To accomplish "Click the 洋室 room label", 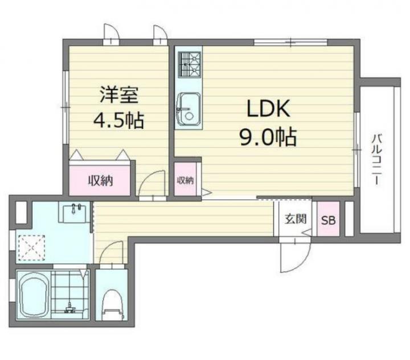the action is [119, 95].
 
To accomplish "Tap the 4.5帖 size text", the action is [118, 120].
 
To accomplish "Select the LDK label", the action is [269, 108].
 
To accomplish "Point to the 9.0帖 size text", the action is [268, 137].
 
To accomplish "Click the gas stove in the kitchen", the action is [189, 64].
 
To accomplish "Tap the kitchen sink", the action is [188, 110].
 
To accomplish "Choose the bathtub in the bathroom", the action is [34, 294].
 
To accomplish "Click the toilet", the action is [112, 304].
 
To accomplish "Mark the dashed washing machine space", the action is [32, 247].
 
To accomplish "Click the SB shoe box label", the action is [328, 220].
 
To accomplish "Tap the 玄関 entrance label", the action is [296, 219].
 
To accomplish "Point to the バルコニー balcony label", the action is [377, 159].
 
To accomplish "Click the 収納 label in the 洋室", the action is [100, 180].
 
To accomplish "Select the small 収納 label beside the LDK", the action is [186, 180].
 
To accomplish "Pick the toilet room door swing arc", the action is [107, 248].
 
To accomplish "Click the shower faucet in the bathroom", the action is [70, 308].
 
